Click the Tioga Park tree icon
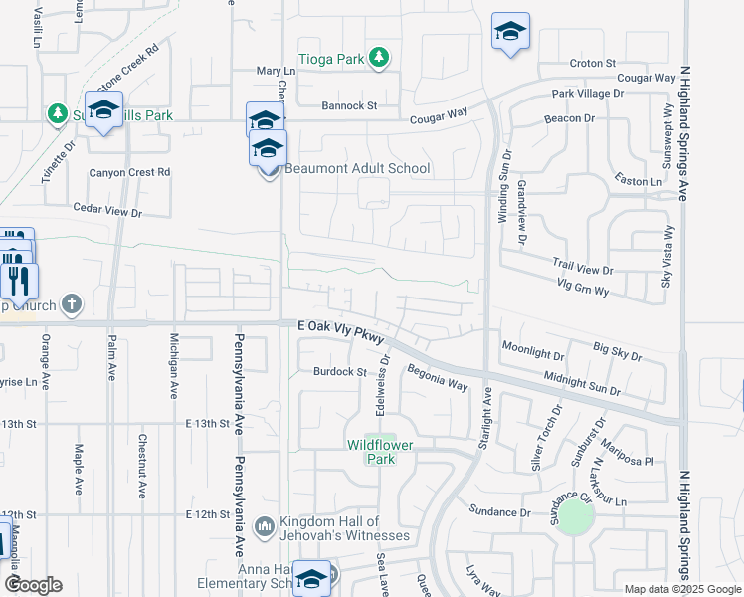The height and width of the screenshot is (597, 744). (378, 59)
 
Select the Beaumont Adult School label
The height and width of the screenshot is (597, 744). (357, 169)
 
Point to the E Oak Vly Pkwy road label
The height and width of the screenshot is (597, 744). (340, 325)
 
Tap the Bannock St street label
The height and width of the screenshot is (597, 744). (349, 105)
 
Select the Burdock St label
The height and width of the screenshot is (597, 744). (341, 372)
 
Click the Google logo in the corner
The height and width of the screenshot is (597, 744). (33, 584)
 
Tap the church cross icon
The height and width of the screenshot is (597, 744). (71, 304)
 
